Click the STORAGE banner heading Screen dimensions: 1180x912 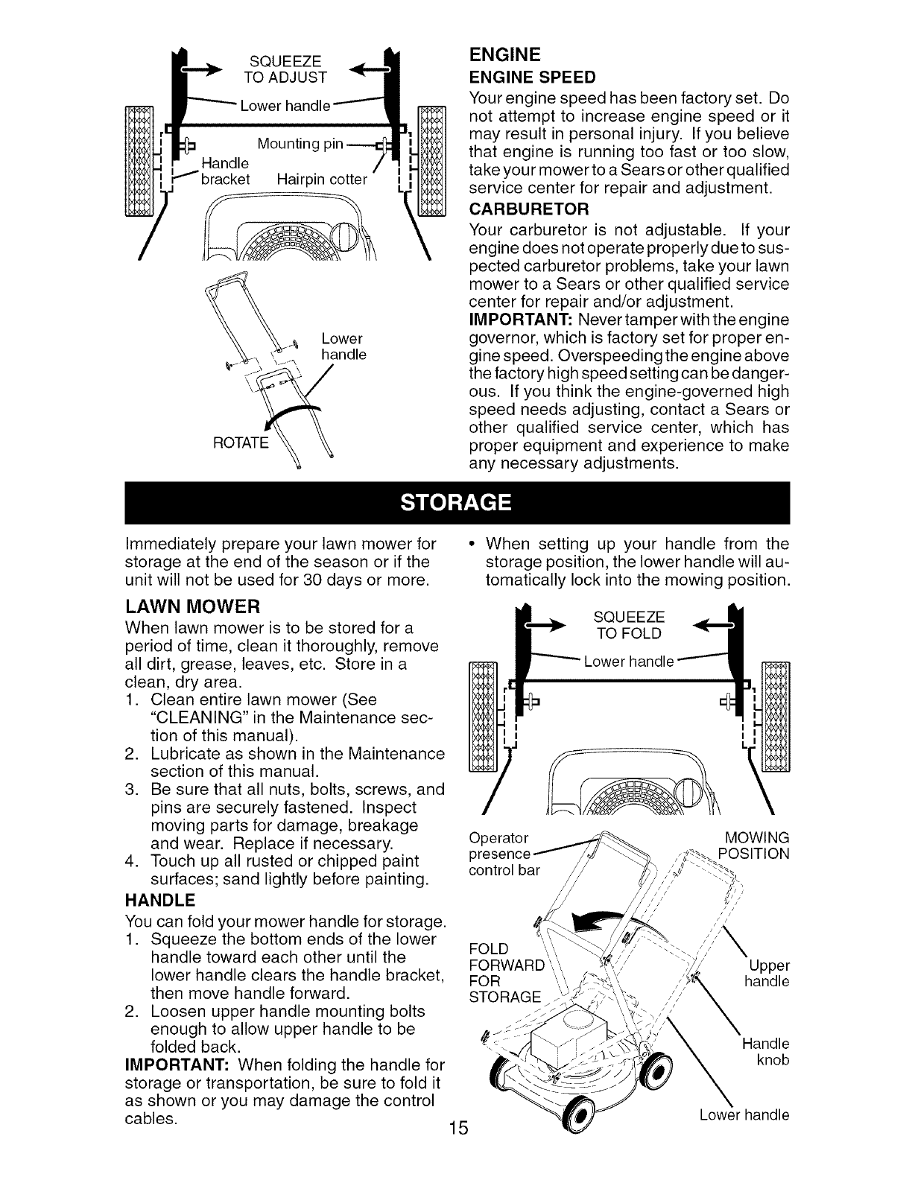point(456,503)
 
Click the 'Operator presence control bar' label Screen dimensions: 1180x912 point(499,853)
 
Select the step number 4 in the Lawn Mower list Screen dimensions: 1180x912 point(131,862)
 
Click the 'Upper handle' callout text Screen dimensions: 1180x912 point(768,974)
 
